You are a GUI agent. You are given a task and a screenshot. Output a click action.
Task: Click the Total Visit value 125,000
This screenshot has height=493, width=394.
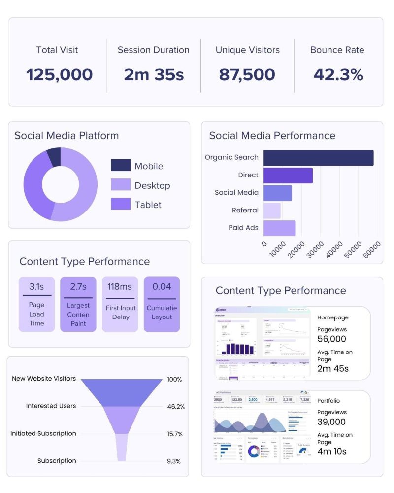point(59,74)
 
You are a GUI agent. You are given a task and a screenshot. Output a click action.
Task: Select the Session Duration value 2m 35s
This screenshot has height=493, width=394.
point(154,74)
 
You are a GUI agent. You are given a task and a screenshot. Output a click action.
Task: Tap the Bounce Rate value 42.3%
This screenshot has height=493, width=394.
point(338,74)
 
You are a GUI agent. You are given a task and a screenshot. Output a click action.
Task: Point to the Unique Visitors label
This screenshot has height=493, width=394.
point(247,50)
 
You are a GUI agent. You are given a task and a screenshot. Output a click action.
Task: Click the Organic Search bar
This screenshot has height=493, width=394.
point(318,158)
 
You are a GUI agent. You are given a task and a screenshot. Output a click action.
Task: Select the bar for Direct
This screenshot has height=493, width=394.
point(288,175)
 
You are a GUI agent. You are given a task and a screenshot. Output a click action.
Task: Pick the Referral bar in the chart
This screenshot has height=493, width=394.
point(272,211)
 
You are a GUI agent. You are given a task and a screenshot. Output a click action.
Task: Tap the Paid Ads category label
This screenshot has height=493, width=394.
point(243,228)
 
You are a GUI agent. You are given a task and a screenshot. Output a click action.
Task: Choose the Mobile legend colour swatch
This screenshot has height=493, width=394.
point(121,166)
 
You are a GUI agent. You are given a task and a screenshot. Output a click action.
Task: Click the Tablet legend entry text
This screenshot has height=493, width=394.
point(148,205)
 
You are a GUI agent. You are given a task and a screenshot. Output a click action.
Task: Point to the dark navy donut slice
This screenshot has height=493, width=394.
point(54,157)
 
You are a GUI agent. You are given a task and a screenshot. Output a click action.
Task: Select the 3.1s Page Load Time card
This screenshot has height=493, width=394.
point(36,304)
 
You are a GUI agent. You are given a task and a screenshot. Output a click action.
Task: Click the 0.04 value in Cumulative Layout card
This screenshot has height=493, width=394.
point(162,286)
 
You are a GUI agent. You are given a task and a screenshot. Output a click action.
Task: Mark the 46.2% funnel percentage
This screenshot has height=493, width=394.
point(176,407)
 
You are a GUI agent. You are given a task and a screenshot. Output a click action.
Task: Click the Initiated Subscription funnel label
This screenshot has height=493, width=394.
point(43,433)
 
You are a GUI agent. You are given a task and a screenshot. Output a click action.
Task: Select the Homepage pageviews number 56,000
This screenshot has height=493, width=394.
point(331,339)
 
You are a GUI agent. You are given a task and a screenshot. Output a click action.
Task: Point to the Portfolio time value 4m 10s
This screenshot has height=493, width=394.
point(331,451)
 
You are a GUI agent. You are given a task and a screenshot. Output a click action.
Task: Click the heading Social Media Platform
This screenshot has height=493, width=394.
point(66,135)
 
